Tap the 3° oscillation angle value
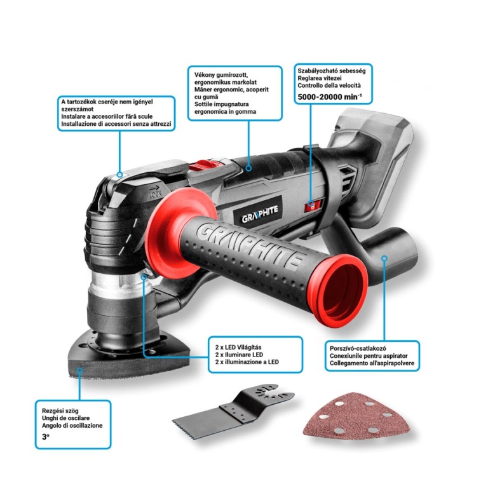(46, 438)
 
